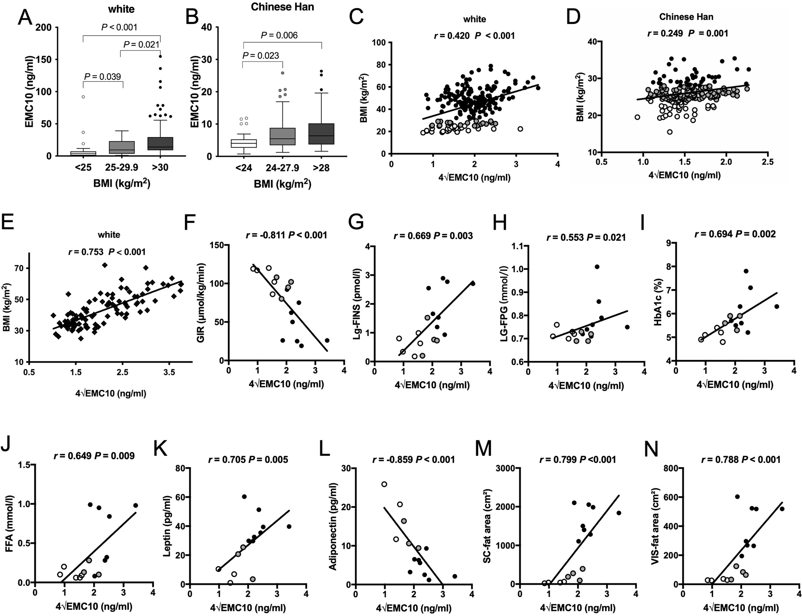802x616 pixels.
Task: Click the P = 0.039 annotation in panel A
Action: tap(103, 76)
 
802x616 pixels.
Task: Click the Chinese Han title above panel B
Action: tap(282, 7)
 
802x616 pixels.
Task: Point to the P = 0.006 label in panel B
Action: tap(279, 36)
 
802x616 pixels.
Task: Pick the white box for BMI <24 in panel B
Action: tap(244, 143)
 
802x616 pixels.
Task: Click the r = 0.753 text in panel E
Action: tap(86, 252)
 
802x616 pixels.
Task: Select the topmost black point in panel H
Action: tap(597, 267)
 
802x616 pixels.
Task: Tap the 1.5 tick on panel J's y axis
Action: tap(23, 464)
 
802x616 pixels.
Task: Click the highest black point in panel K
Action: tap(244, 497)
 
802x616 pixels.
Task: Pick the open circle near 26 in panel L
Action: tap(384, 484)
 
